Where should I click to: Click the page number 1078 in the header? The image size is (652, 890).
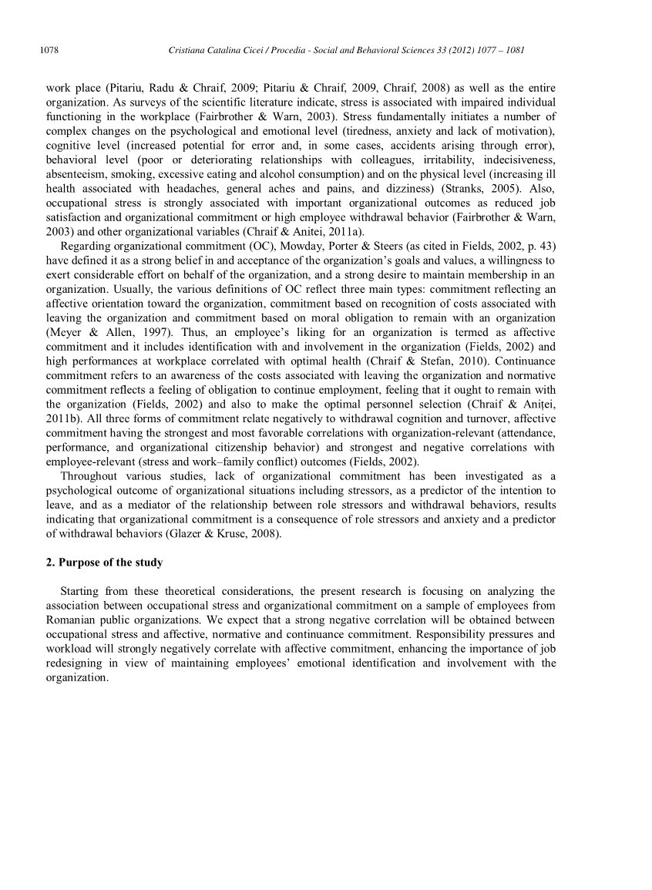(50, 51)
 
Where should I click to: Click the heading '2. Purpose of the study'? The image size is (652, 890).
(104, 563)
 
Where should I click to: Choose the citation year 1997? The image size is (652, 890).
(146, 331)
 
